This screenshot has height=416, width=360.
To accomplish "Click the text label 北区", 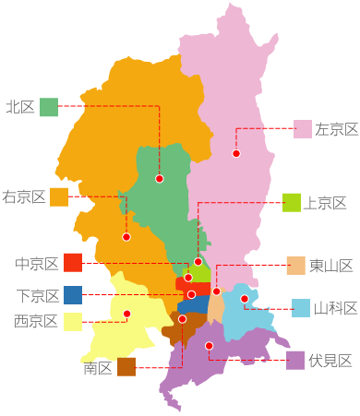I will (19, 107).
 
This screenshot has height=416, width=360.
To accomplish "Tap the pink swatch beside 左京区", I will (303, 129).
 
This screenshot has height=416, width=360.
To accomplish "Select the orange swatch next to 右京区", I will (59, 196).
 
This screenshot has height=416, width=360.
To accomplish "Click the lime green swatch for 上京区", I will (292, 203).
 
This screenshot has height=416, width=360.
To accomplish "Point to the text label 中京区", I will (37, 264).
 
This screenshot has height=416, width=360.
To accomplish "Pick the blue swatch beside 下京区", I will (73, 295).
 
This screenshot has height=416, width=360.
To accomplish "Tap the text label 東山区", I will (331, 266).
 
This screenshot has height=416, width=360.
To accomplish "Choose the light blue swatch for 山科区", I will (301, 308).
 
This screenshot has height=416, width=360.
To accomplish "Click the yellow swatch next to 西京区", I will (73, 321).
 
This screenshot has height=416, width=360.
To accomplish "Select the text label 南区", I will (97, 368).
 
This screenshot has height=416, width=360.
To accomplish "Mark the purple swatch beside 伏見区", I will (295, 360).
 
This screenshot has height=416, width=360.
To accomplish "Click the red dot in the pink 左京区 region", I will (236, 153).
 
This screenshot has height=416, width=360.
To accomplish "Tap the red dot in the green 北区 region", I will (160, 178).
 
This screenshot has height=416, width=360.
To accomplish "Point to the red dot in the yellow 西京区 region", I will (127, 315).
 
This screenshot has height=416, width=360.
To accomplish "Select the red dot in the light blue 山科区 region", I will (245, 299).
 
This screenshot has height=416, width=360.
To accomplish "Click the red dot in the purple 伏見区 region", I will (210, 346).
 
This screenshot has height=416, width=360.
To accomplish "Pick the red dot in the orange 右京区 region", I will (126, 237).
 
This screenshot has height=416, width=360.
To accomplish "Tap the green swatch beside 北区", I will (49, 107).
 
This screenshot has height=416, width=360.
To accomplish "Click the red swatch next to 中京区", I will (73, 263).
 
